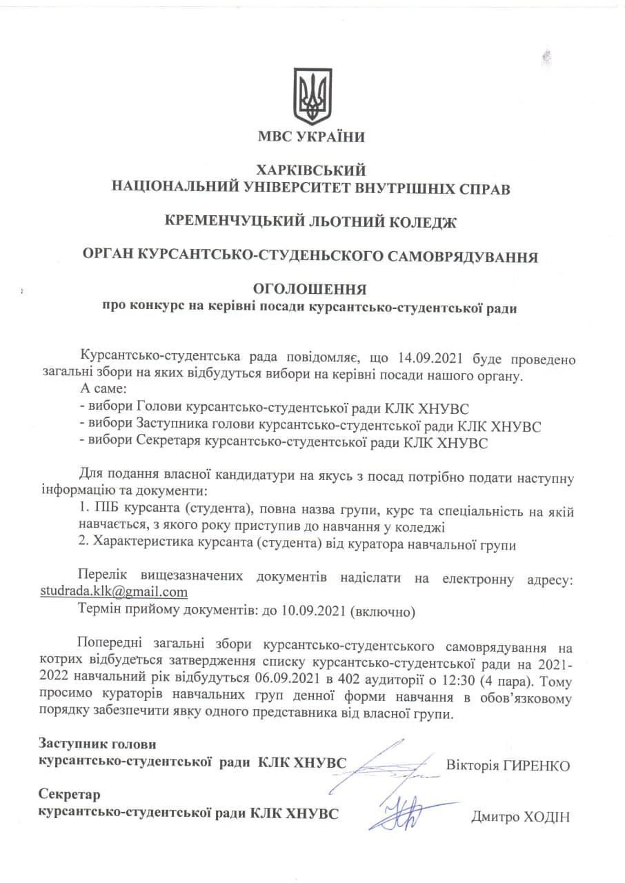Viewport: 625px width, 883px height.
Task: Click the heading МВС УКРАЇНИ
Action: pos(312,137)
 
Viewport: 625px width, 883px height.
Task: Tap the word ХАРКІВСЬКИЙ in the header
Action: pos(312,170)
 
